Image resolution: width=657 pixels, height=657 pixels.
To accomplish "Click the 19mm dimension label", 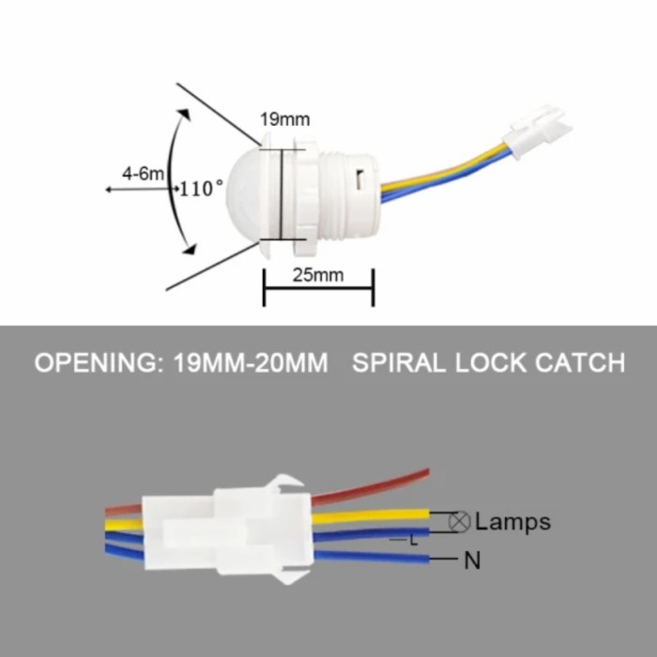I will click(x=285, y=120).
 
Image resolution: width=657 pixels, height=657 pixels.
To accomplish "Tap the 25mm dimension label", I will click(x=316, y=274).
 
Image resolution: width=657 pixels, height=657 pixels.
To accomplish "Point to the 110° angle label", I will click(x=202, y=189).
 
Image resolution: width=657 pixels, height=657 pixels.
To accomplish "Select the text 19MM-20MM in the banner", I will click(x=252, y=363).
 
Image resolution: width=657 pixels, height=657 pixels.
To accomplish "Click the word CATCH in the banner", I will click(x=579, y=363).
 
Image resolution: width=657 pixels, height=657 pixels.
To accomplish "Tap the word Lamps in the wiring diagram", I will click(x=512, y=521).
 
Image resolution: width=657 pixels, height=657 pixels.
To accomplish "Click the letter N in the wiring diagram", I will click(x=473, y=561).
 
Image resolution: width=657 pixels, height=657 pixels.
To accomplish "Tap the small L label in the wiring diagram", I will click(x=414, y=542).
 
